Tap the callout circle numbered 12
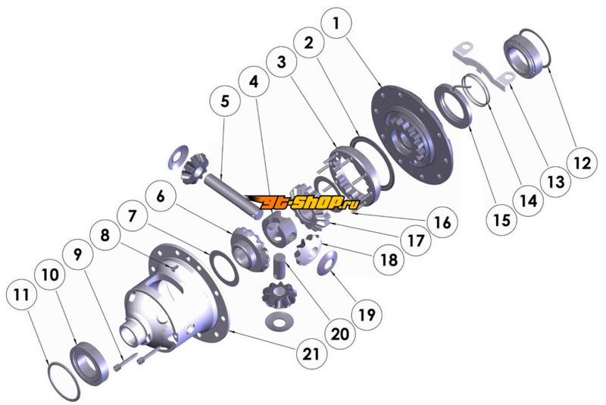pyautogui.click(x=581, y=162)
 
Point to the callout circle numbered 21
pyautogui.click(x=312, y=353)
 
